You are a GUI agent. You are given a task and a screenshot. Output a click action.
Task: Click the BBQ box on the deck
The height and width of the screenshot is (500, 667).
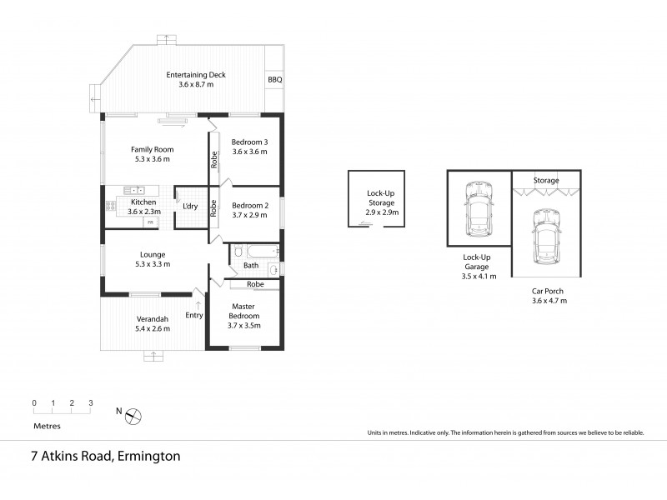pos(274,80)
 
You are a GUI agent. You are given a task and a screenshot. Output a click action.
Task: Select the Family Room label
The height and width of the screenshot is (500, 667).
pos(150,154)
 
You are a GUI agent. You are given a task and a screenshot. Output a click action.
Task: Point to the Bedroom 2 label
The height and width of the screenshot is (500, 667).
pos(248,210)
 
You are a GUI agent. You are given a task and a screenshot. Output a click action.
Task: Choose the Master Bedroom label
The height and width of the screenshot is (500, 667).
pos(243,321)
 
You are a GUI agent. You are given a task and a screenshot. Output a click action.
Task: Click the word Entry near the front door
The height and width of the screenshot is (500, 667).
pos(194,315)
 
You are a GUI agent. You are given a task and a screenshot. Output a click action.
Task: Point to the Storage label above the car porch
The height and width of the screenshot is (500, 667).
pos(546,180)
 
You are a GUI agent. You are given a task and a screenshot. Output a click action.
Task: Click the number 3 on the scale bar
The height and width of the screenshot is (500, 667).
pos(90,402)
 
